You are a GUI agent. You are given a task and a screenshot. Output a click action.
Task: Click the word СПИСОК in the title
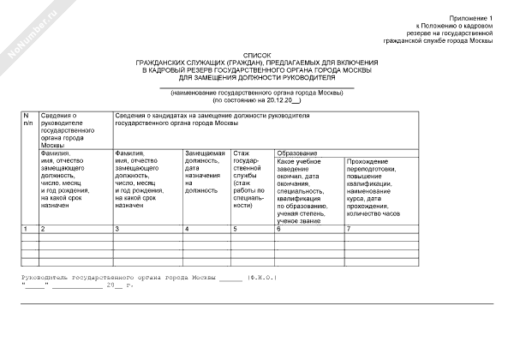(256, 52)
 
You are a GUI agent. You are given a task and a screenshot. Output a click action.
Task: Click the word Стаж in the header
(242, 153)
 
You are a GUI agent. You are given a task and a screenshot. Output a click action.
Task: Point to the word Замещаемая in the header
(205, 153)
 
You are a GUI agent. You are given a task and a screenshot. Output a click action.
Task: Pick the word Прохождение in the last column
(369, 161)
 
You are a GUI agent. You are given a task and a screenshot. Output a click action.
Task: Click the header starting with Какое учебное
(299, 161)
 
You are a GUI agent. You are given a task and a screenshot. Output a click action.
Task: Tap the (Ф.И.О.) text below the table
(260, 279)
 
